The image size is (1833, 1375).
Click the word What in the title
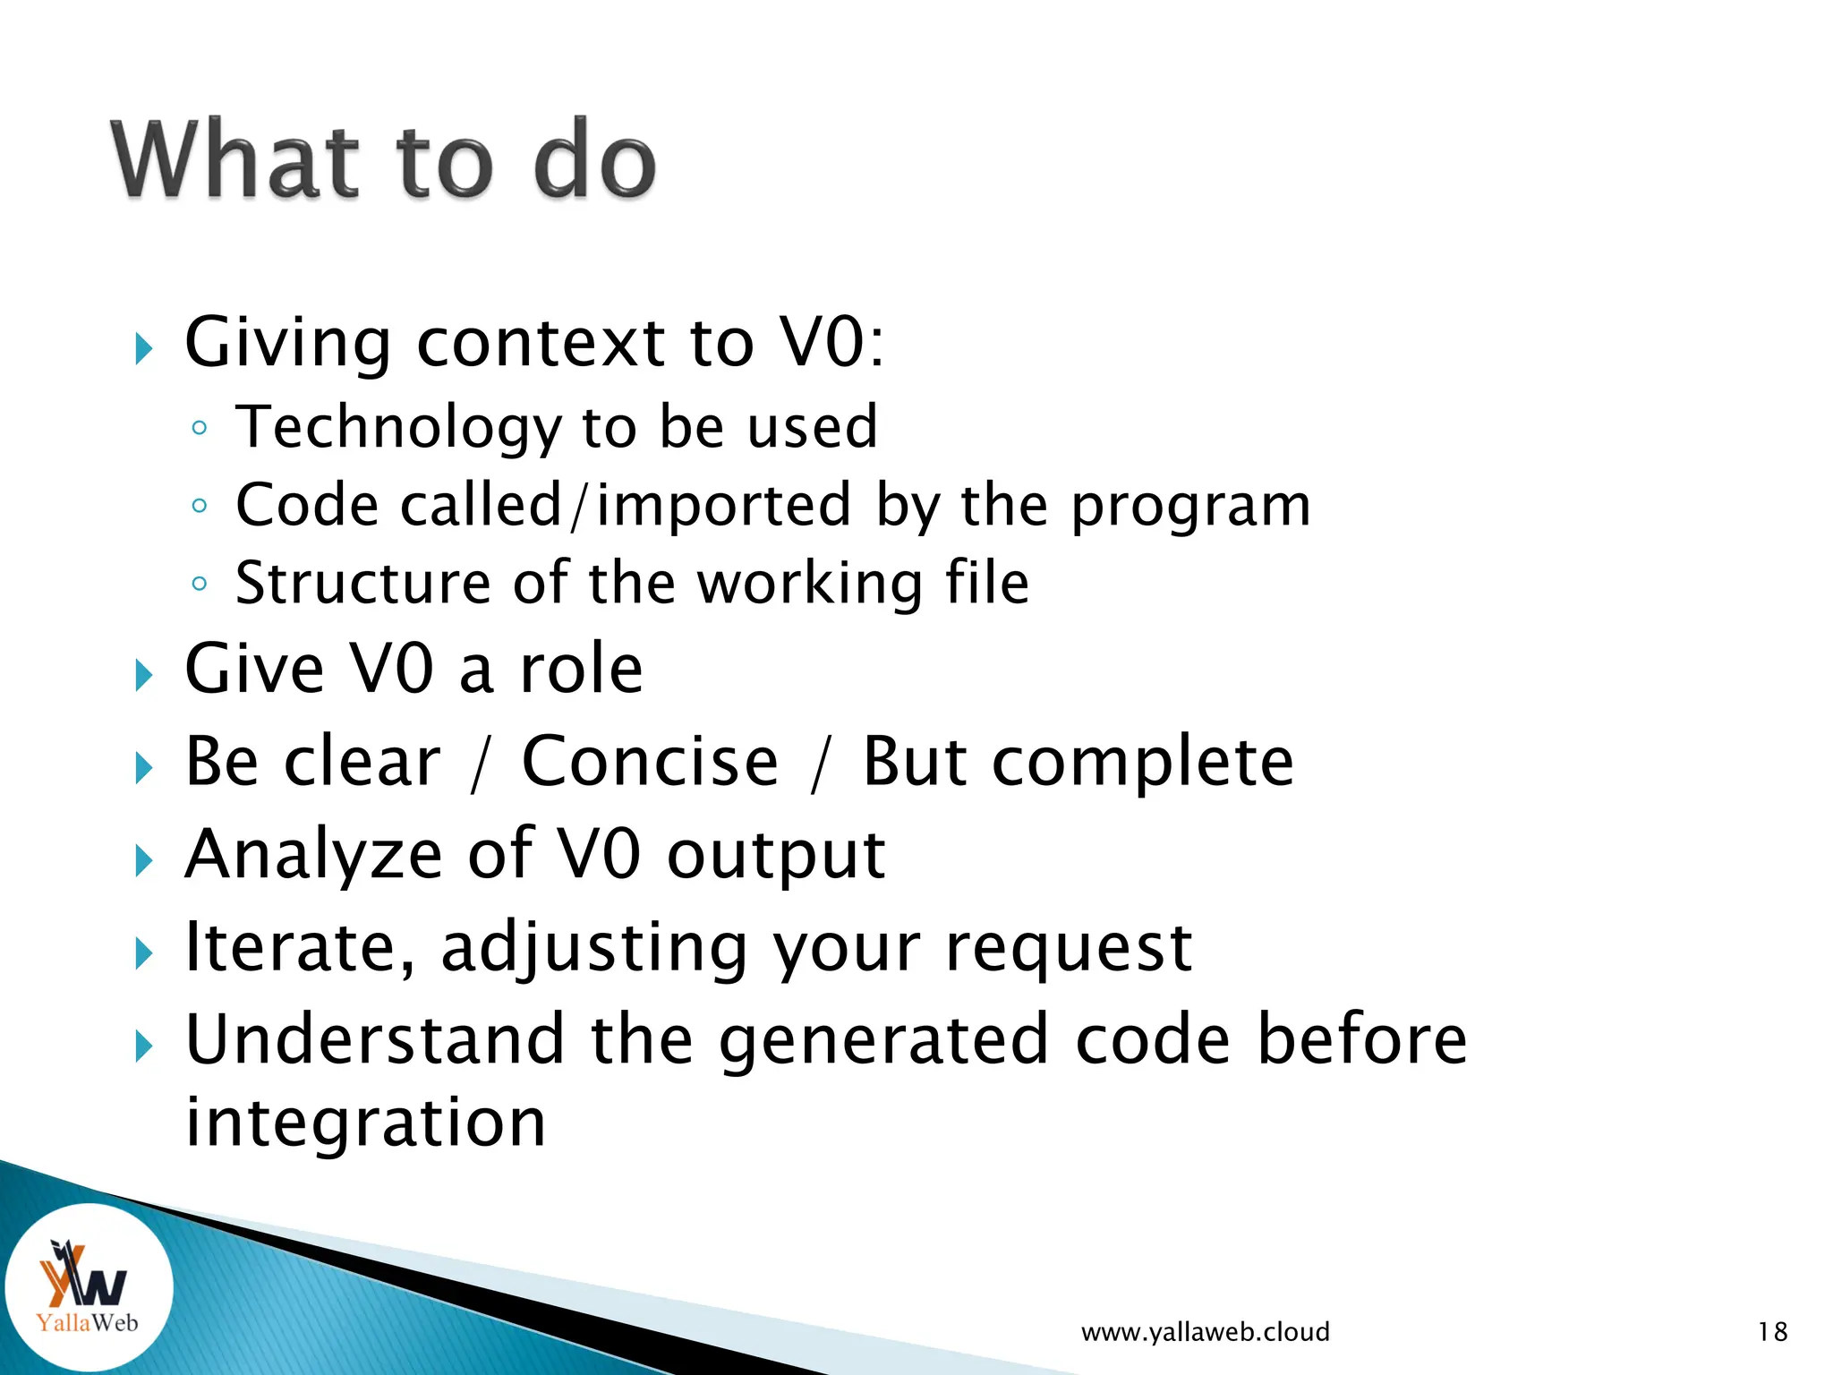tap(235, 161)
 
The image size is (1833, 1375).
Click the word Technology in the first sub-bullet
tap(397, 427)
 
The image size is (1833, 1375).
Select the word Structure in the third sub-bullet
tap(362, 584)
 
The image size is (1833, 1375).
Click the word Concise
tap(650, 763)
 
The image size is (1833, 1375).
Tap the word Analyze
tap(313, 856)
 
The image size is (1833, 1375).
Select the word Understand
tap(375, 1040)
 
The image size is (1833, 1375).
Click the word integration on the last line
tap(365, 1124)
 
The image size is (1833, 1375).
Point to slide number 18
tap(1772, 1332)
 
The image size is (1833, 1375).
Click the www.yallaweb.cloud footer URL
tap(1205, 1332)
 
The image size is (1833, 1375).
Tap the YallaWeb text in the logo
tap(87, 1322)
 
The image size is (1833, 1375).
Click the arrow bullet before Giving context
tap(143, 349)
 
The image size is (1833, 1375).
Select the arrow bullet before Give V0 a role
tap(143, 675)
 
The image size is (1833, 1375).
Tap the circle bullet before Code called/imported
tap(200, 507)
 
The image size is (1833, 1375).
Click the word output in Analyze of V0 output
tap(775, 856)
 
